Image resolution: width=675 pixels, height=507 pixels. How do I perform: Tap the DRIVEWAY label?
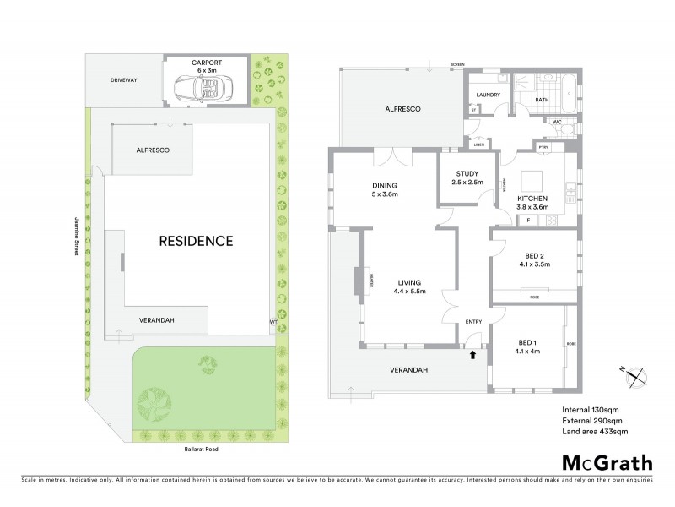[x=123, y=79]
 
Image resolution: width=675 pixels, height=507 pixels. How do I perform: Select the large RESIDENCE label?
[x=196, y=241]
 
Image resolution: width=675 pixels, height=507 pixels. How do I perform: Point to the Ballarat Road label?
[x=199, y=450]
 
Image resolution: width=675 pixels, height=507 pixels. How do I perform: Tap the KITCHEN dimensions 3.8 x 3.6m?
[x=532, y=207]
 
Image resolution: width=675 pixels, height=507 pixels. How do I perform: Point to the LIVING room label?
[x=409, y=282]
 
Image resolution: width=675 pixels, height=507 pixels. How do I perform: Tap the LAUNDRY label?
[x=489, y=95]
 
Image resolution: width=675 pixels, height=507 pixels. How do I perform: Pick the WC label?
[x=557, y=122]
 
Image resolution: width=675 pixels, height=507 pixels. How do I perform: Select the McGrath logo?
[x=607, y=462]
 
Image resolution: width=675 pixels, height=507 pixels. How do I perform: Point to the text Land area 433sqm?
[x=595, y=432]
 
